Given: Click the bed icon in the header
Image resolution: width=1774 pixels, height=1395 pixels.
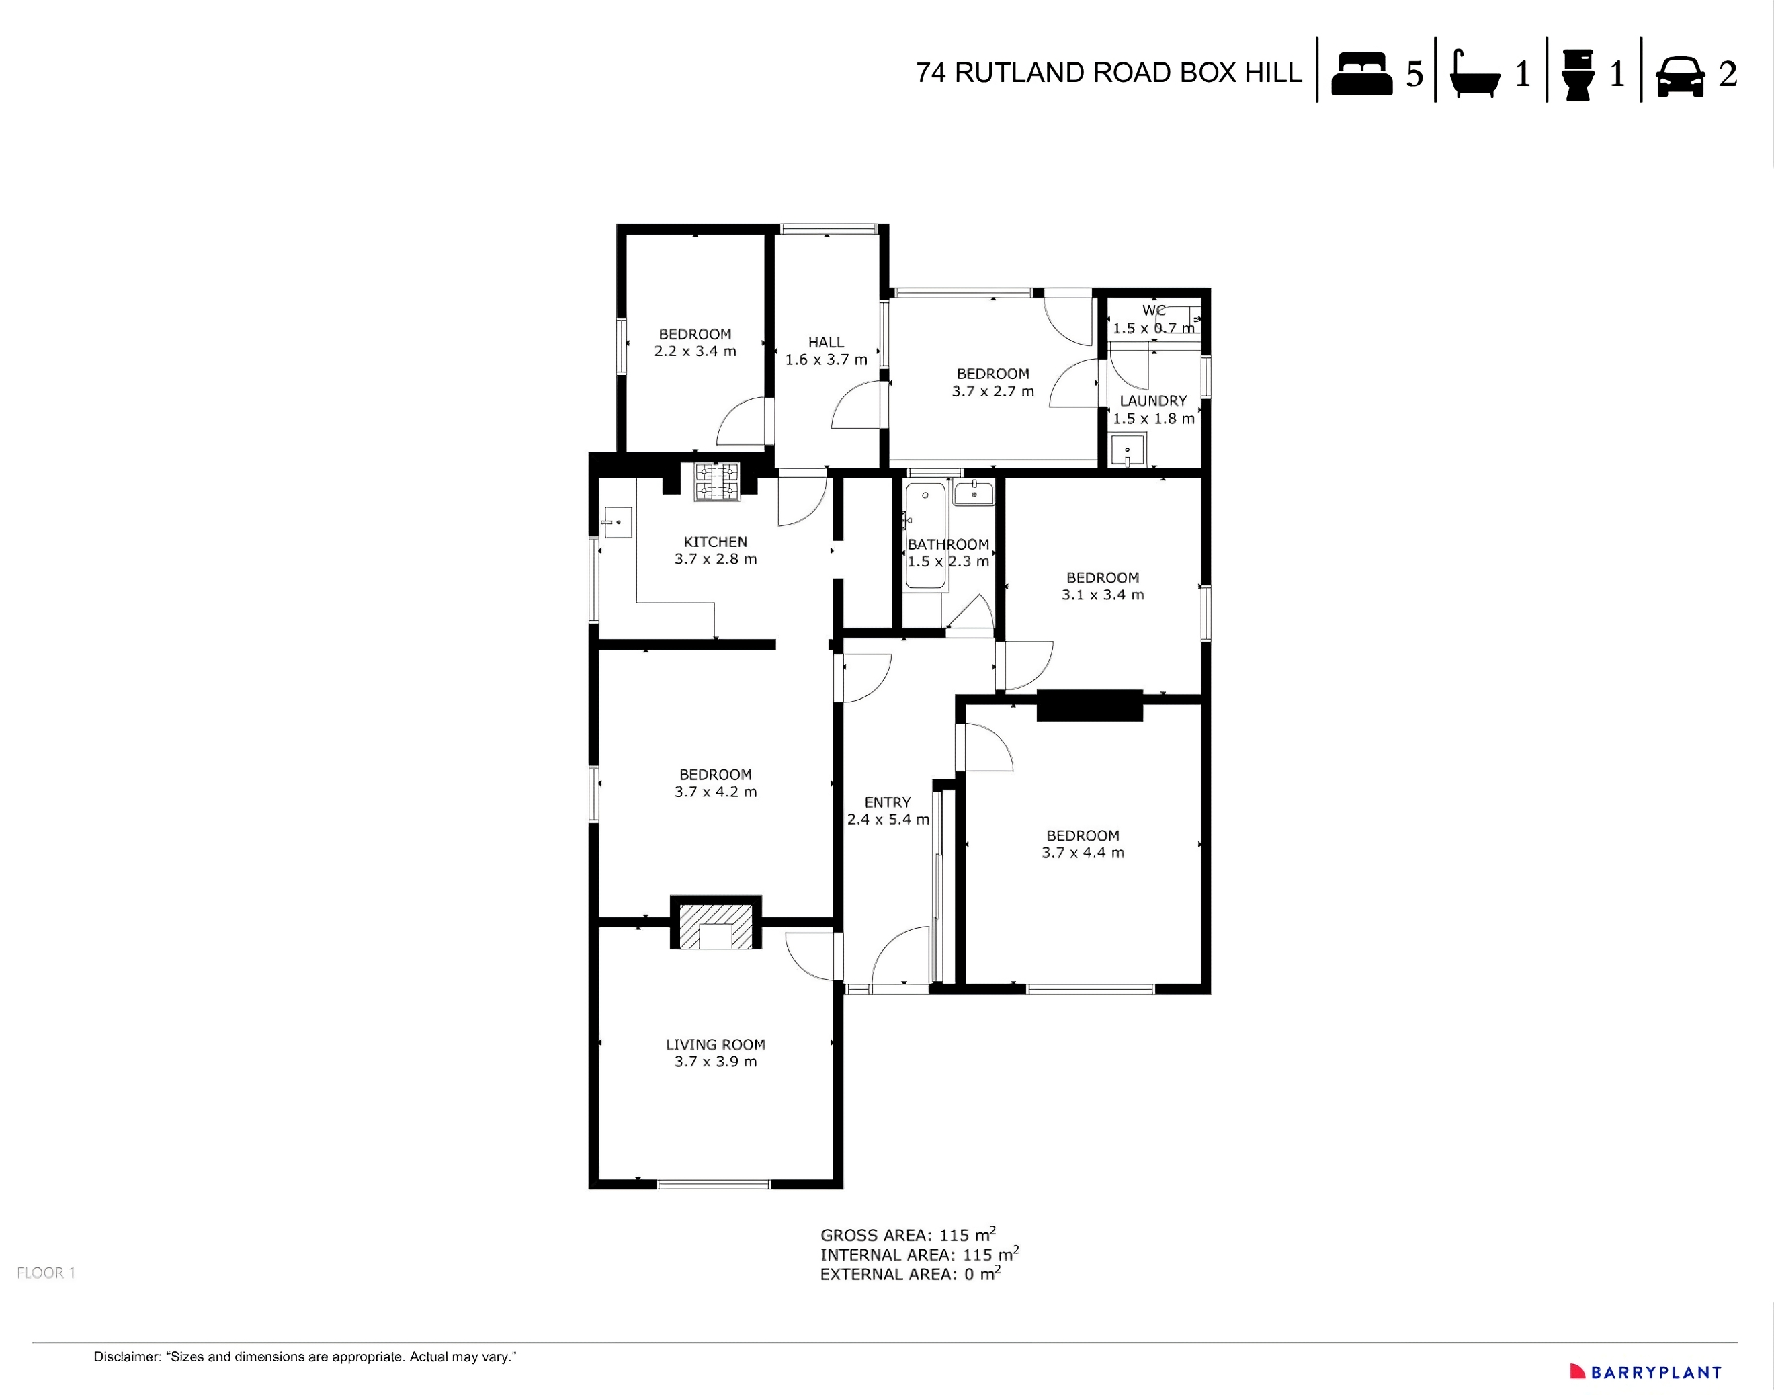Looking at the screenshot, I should tap(1361, 75).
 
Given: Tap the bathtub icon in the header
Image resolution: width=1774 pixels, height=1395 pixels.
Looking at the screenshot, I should tap(1475, 75).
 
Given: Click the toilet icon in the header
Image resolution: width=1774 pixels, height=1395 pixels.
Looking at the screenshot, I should tap(1578, 75).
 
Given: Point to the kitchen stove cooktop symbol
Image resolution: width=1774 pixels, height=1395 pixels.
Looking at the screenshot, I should tap(717, 481).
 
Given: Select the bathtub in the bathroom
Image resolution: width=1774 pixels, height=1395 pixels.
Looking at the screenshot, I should tap(925, 535).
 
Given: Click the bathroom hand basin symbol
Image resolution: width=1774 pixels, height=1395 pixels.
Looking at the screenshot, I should tap(974, 493).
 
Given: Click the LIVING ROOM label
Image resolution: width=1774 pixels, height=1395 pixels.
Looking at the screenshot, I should tap(716, 1045).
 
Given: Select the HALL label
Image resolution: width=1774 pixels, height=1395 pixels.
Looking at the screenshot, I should tap(826, 342).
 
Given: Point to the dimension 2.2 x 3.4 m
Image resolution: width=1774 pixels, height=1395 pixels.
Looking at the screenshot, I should tap(695, 351).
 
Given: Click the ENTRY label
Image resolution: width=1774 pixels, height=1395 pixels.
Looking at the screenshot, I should tap(887, 802).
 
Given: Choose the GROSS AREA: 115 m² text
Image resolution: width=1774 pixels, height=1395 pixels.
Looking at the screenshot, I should tap(907, 1235).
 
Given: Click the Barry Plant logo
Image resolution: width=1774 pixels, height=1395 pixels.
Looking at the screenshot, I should tap(1646, 1372).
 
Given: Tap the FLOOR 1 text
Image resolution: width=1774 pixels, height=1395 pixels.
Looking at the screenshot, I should tap(46, 1273).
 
